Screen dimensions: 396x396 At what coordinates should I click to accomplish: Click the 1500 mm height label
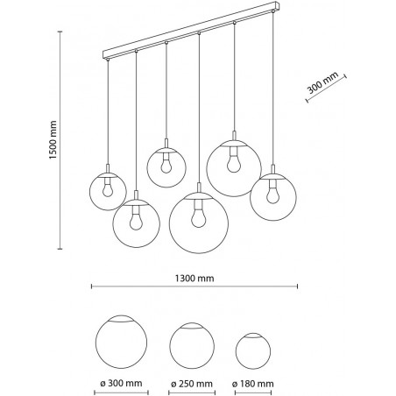coord(53,140)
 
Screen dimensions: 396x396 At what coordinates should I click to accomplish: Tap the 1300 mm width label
coord(194,279)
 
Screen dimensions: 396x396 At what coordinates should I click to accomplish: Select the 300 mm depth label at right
coord(323,82)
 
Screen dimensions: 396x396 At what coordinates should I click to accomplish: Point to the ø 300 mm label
coord(121,383)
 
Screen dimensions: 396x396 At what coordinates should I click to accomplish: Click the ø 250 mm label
coord(192,383)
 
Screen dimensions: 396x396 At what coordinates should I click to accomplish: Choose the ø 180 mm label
coord(253,383)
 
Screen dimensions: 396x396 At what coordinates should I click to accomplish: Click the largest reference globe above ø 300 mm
coord(121,341)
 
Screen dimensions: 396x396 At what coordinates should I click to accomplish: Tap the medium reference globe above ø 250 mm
coord(192,344)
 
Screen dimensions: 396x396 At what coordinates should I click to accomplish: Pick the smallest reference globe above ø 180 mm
coord(253,350)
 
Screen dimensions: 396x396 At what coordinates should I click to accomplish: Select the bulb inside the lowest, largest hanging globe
coord(199,219)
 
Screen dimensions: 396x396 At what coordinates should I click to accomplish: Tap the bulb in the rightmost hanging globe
coord(272,195)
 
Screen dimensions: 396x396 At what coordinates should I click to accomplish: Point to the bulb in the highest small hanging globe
coord(166,166)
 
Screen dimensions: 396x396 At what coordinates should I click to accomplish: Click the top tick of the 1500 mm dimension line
coord(60,32)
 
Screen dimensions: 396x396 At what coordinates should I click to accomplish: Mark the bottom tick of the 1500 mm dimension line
coord(60,249)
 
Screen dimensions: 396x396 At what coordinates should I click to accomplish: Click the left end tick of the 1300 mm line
coord(92,286)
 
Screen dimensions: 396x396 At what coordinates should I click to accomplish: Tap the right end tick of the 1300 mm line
coord(297,286)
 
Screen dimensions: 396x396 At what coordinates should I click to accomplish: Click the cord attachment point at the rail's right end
coord(273,11)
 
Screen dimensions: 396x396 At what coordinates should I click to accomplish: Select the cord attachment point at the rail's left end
coord(108,60)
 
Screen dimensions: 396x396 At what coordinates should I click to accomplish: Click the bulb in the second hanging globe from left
coord(136,221)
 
